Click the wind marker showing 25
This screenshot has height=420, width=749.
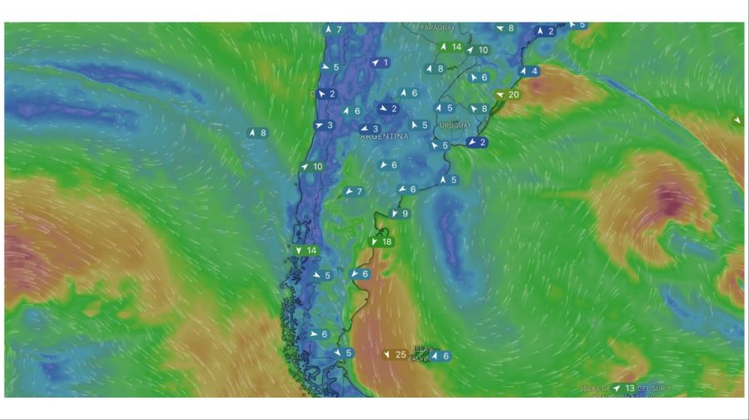395,354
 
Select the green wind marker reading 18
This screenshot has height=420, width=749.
381,242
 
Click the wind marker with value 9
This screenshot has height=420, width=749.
400,214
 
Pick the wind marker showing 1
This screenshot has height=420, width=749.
380,62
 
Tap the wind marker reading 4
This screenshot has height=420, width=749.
528,71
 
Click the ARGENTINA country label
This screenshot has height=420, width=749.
384,136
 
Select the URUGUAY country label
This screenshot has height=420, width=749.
455,125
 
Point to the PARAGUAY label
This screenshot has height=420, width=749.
438,27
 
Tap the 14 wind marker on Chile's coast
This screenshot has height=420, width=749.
306,250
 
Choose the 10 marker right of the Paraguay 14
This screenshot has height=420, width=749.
478,50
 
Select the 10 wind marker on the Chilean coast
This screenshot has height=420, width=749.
312,166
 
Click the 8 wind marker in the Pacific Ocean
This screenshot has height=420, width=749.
258,132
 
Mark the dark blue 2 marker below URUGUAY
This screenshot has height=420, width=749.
477,142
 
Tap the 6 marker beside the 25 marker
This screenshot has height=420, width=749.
441,356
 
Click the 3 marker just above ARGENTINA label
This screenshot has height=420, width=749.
370,128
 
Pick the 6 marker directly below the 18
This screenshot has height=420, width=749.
360,274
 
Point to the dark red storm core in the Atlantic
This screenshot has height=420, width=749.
668,200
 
